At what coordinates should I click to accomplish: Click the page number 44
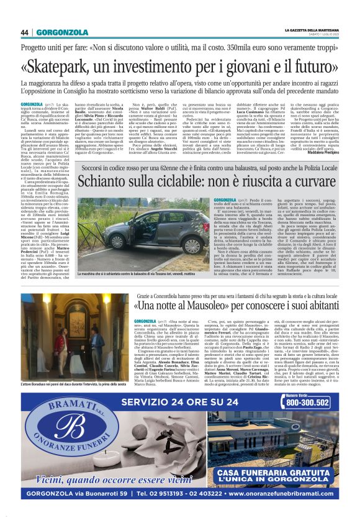coord(25,32)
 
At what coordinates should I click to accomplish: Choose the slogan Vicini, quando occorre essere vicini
coord(106,478)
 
